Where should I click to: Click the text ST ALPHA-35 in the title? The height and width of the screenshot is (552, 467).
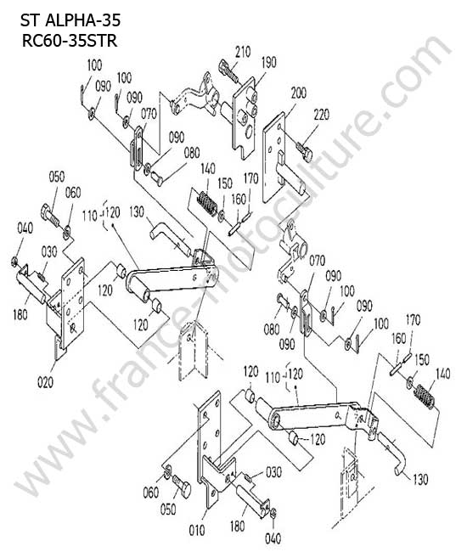tap(70, 20)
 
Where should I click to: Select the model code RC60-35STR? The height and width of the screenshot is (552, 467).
tap(70, 41)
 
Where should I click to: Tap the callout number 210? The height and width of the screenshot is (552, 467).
tap(243, 52)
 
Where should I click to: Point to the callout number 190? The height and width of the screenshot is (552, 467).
tap(269, 62)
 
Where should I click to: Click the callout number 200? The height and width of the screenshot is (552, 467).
tap(298, 93)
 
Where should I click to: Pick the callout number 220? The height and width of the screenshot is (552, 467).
tap(321, 115)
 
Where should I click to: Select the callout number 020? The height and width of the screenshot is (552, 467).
tap(45, 382)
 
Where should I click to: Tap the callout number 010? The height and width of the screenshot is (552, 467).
tap(197, 530)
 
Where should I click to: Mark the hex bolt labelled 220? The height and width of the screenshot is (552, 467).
tap(305, 151)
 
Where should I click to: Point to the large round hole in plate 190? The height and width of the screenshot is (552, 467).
tap(249, 132)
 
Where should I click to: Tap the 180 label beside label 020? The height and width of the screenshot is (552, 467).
tap(20, 314)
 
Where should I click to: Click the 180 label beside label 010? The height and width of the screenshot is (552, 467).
tap(237, 527)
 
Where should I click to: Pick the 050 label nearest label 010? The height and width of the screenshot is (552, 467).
tap(168, 509)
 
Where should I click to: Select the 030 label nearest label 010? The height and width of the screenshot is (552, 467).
tap(273, 471)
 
